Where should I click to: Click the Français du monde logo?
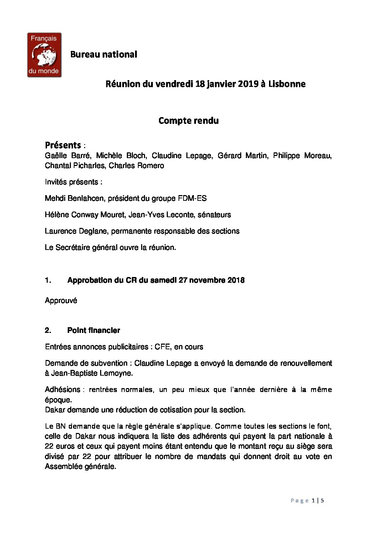[x=44, y=55]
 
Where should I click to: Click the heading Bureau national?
[x=103, y=54]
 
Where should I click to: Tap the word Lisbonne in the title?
[x=287, y=84]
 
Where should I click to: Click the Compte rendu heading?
[x=188, y=121]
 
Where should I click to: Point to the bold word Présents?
[x=63, y=145]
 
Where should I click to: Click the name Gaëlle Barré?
[x=67, y=156]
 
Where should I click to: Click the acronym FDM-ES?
[x=192, y=198]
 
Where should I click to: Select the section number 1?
[x=48, y=280]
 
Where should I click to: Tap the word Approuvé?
[x=61, y=301]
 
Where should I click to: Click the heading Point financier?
[x=93, y=330]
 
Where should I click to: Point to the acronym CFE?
[x=162, y=347]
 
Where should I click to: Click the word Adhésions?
[x=62, y=390]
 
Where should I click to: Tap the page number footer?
[x=307, y=501]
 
